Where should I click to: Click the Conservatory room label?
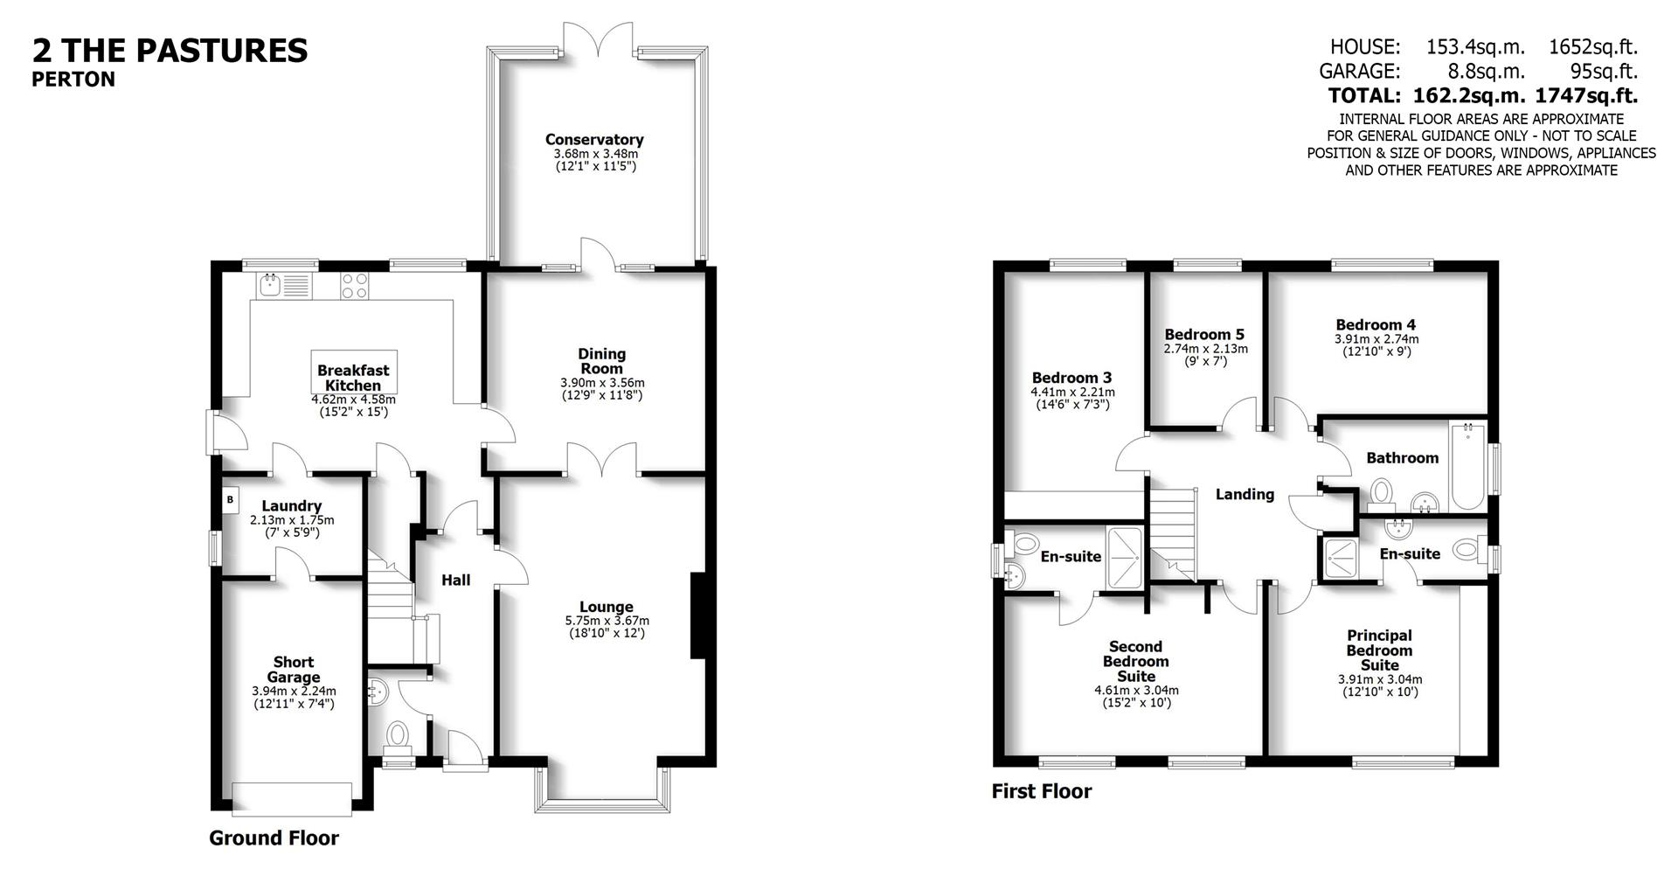coord(594,140)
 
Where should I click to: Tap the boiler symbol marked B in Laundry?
coord(230,500)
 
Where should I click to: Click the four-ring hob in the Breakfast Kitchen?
coord(354,286)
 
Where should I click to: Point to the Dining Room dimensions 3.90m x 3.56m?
coord(602,383)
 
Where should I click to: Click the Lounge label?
coord(607,607)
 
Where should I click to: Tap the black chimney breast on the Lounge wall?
coord(698,615)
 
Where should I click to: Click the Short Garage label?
coord(294,670)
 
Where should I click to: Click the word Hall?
coord(455,580)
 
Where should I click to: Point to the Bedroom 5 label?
coord(1204,335)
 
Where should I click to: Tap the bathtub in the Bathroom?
coord(1468,468)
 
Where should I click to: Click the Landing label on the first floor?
coord(1245,495)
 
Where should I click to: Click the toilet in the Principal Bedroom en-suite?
coord(1467,550)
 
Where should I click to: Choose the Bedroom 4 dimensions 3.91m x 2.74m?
coord(1376,339)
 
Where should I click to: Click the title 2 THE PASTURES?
coord(170,50)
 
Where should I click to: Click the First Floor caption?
coord(1041,791)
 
